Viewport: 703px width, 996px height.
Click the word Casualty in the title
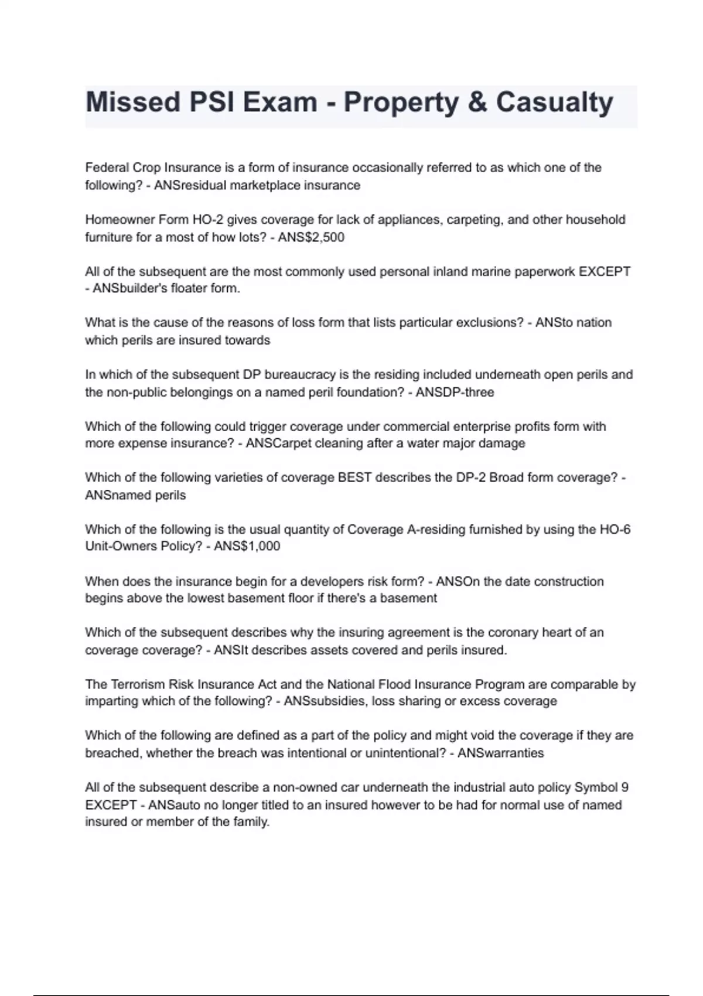(554, 103)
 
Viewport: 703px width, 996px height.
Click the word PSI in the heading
(209, 103)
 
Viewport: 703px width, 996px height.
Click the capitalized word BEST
(354, 477)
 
